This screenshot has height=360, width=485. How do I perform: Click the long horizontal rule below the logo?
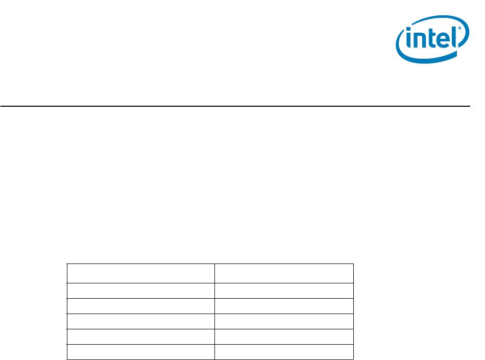point(235,106)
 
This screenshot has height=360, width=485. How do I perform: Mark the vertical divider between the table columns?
point(214,311)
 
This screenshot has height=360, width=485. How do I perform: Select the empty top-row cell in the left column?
point(141,273)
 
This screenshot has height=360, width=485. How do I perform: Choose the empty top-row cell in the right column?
point(284,273)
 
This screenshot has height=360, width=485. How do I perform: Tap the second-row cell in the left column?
point(141,291)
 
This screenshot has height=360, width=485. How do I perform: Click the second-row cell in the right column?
point(284,291)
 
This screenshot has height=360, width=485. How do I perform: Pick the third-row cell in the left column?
point(141,306)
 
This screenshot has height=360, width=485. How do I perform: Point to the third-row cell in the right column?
point(284,306)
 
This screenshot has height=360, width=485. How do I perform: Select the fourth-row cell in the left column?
point(141,321)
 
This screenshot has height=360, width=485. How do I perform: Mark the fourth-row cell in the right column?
point(284,321)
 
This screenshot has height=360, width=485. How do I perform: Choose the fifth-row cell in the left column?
point(141,337)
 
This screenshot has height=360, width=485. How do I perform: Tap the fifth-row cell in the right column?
point(284,337)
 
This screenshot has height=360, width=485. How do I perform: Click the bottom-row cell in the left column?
point(141,352)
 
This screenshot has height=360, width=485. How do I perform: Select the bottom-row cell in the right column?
point(284,352)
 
